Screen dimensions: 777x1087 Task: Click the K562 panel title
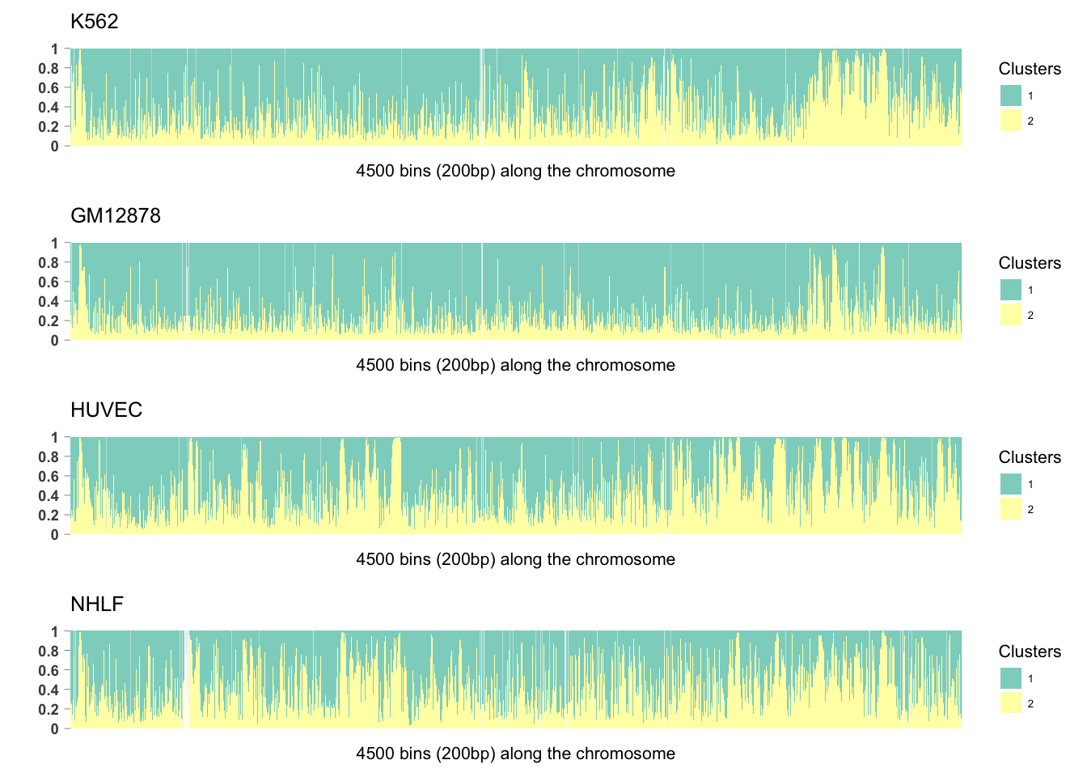click(x=95, y=22)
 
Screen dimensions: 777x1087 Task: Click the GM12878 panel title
click(x=116, y=216)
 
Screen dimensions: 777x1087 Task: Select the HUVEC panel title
click(x=106, y=410)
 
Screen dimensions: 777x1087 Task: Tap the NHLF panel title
click(x=97, y=605)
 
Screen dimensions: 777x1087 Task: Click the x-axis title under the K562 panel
click(x=515, y=171)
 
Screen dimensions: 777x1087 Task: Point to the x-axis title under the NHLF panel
click(x=515, y=754)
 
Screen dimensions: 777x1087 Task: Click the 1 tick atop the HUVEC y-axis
click(x=55, y=438)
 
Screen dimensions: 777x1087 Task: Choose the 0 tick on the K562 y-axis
click(x=55, y=146)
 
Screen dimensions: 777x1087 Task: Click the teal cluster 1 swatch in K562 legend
click(x=1011, y=96)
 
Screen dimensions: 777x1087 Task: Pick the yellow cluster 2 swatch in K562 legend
click(x=1011, y=121)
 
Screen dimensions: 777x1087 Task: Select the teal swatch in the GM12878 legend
click(x=1011, y=290)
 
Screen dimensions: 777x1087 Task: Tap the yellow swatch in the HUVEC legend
click(x=1011, y=509)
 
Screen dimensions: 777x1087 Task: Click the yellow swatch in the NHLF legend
click(x=1011, y=703)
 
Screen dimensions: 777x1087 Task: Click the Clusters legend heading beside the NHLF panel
click(x=1030, y=652)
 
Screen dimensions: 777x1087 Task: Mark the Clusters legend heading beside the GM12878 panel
click(x=1030, y=263)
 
